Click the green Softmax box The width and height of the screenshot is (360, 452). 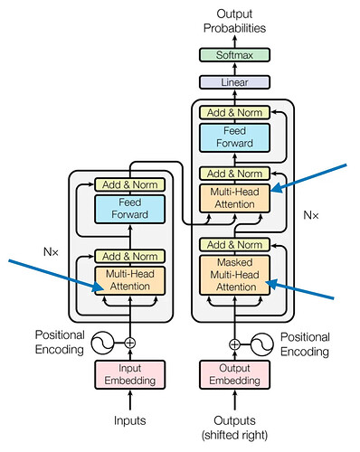point(234,55)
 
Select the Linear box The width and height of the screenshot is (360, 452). point(234,82)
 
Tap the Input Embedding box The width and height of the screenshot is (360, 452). point(130,374)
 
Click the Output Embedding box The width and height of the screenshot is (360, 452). point(234,374)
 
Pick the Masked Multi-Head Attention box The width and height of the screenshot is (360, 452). point(234,275)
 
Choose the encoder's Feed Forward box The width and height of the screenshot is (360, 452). point(130,209)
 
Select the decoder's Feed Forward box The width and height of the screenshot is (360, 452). point(234,137)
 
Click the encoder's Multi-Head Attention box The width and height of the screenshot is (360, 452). point(130,280)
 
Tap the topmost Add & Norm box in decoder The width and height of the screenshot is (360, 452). point(234,113)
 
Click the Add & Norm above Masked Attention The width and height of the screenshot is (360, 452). point(234,245)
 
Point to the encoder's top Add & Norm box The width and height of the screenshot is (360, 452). point(130,184)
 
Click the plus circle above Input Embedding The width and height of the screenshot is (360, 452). point(130,343)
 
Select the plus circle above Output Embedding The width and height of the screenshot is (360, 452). point(234,344)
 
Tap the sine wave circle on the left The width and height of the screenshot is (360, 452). point(102,343)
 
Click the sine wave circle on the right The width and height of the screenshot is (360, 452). point(262,344)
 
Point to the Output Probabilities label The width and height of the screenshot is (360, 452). point(234,21)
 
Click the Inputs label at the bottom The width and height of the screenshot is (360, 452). point(130,420)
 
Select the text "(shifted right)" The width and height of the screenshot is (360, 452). point(234,435)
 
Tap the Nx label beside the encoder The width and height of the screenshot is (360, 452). point(51,252)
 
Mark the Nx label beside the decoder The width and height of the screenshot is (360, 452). point(311,215)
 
